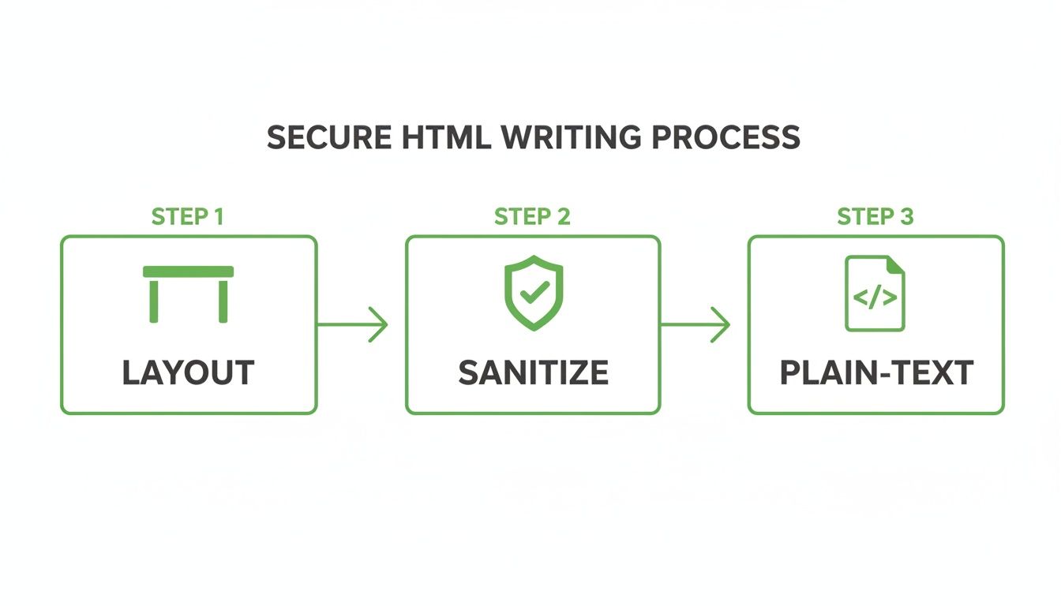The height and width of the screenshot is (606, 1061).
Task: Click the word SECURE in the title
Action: point(328,138)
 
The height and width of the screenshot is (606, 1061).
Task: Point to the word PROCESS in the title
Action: point(725,138)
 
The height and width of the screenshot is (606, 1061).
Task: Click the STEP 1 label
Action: point(188,217)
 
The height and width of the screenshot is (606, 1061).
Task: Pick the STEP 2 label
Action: point(532,217)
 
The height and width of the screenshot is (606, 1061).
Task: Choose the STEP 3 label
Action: point(875,217)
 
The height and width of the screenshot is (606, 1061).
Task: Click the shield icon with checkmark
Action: point(534,292)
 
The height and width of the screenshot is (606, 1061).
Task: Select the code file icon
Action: point(875,293)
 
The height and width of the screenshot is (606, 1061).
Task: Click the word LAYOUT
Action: point(188,373)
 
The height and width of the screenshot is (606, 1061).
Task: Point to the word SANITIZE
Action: point(534,373)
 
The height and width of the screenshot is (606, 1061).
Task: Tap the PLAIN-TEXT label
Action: point(876,373)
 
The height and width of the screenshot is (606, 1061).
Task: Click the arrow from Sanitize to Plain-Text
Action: point(695,324)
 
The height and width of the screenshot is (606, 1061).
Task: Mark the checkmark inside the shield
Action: point(534,293)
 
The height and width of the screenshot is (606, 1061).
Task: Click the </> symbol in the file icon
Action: point(875,298)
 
